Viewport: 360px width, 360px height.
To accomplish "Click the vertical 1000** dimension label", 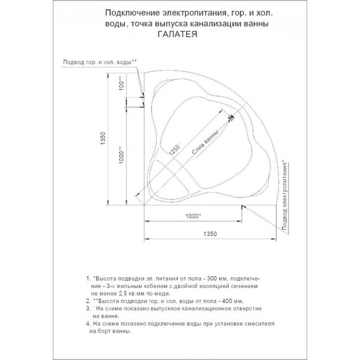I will [121, 157].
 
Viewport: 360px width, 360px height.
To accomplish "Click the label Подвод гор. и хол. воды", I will [100, 61].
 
